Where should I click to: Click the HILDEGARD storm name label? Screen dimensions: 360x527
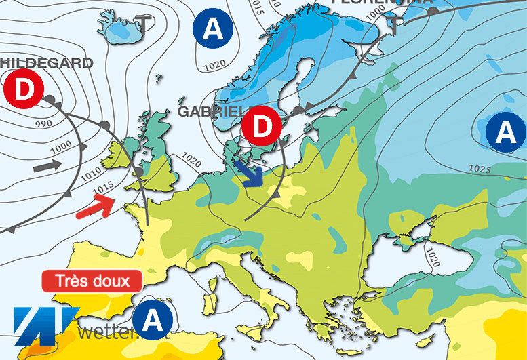pyautogui.click(x=46, y=63)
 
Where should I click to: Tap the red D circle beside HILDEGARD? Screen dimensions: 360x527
pyautogui.click(x=23, y=90)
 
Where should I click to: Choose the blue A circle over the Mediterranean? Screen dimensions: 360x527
pyautogui.click(x=152, y=319)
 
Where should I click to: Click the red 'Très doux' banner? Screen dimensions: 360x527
pyautogui.click(x=92, y=281)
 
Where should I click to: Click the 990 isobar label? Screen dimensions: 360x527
pyautogui.click(x=43, y=125)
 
